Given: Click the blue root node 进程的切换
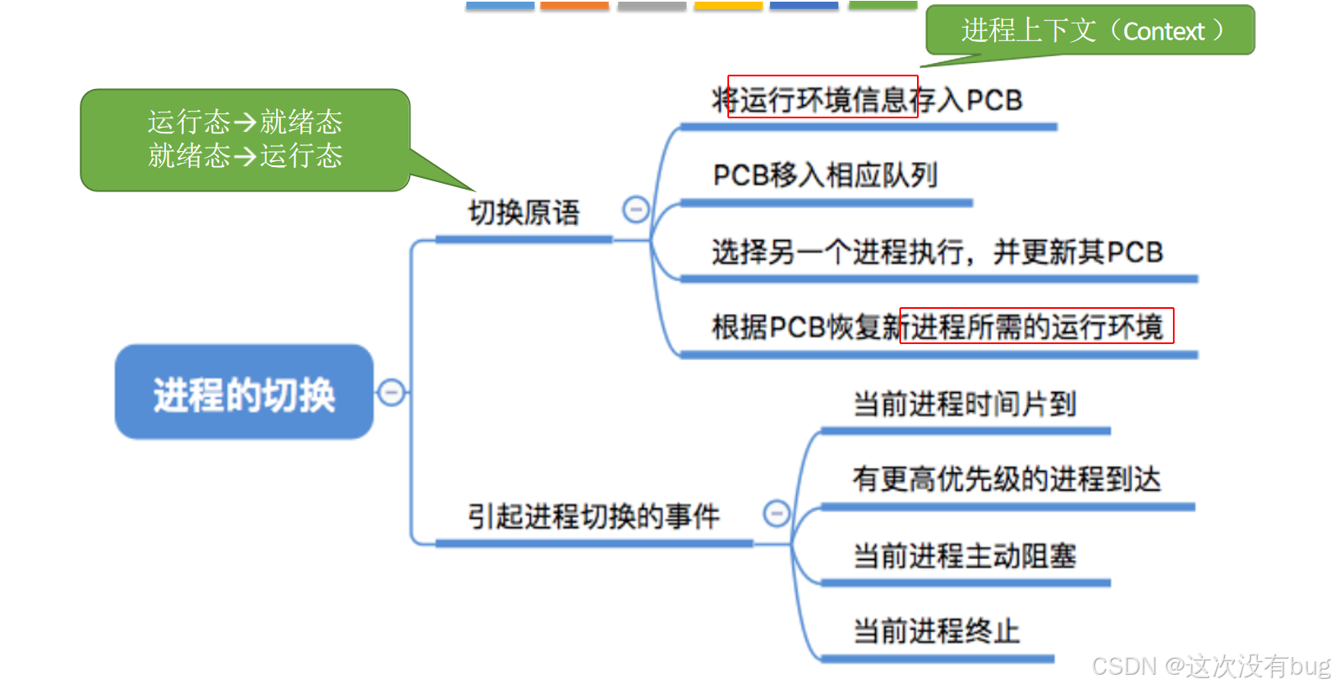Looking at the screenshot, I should click(244, 393).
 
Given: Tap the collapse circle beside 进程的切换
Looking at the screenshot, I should click(391, 392).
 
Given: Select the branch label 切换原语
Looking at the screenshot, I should click(524, 212).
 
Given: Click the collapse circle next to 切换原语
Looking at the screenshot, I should click(636, 209).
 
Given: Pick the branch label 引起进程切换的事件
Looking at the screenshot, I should click(593, 516).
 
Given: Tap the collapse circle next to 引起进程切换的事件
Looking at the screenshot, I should click(777, 513).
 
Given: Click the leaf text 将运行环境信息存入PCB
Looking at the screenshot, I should click(867, 100).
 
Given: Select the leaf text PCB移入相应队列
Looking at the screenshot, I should click(825, 175).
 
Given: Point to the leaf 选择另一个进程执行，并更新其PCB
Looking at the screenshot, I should click(937, 252).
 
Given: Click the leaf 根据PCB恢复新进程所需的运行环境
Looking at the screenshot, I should click(937, 326).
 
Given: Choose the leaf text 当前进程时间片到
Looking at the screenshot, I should click(964, 404).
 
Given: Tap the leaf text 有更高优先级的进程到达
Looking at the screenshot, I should click(1006, 479).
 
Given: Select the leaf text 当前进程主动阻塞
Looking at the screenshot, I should click(964, 556).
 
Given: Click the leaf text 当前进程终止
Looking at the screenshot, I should click(936, 631).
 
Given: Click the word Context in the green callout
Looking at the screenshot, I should click(1164, 32).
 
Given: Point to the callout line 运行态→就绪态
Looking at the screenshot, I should click(245, 123).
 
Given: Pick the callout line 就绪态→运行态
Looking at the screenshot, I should click(245, 156).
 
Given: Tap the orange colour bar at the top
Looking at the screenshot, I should click(575, 5).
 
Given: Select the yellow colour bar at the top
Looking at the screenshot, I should click(728, 5).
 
